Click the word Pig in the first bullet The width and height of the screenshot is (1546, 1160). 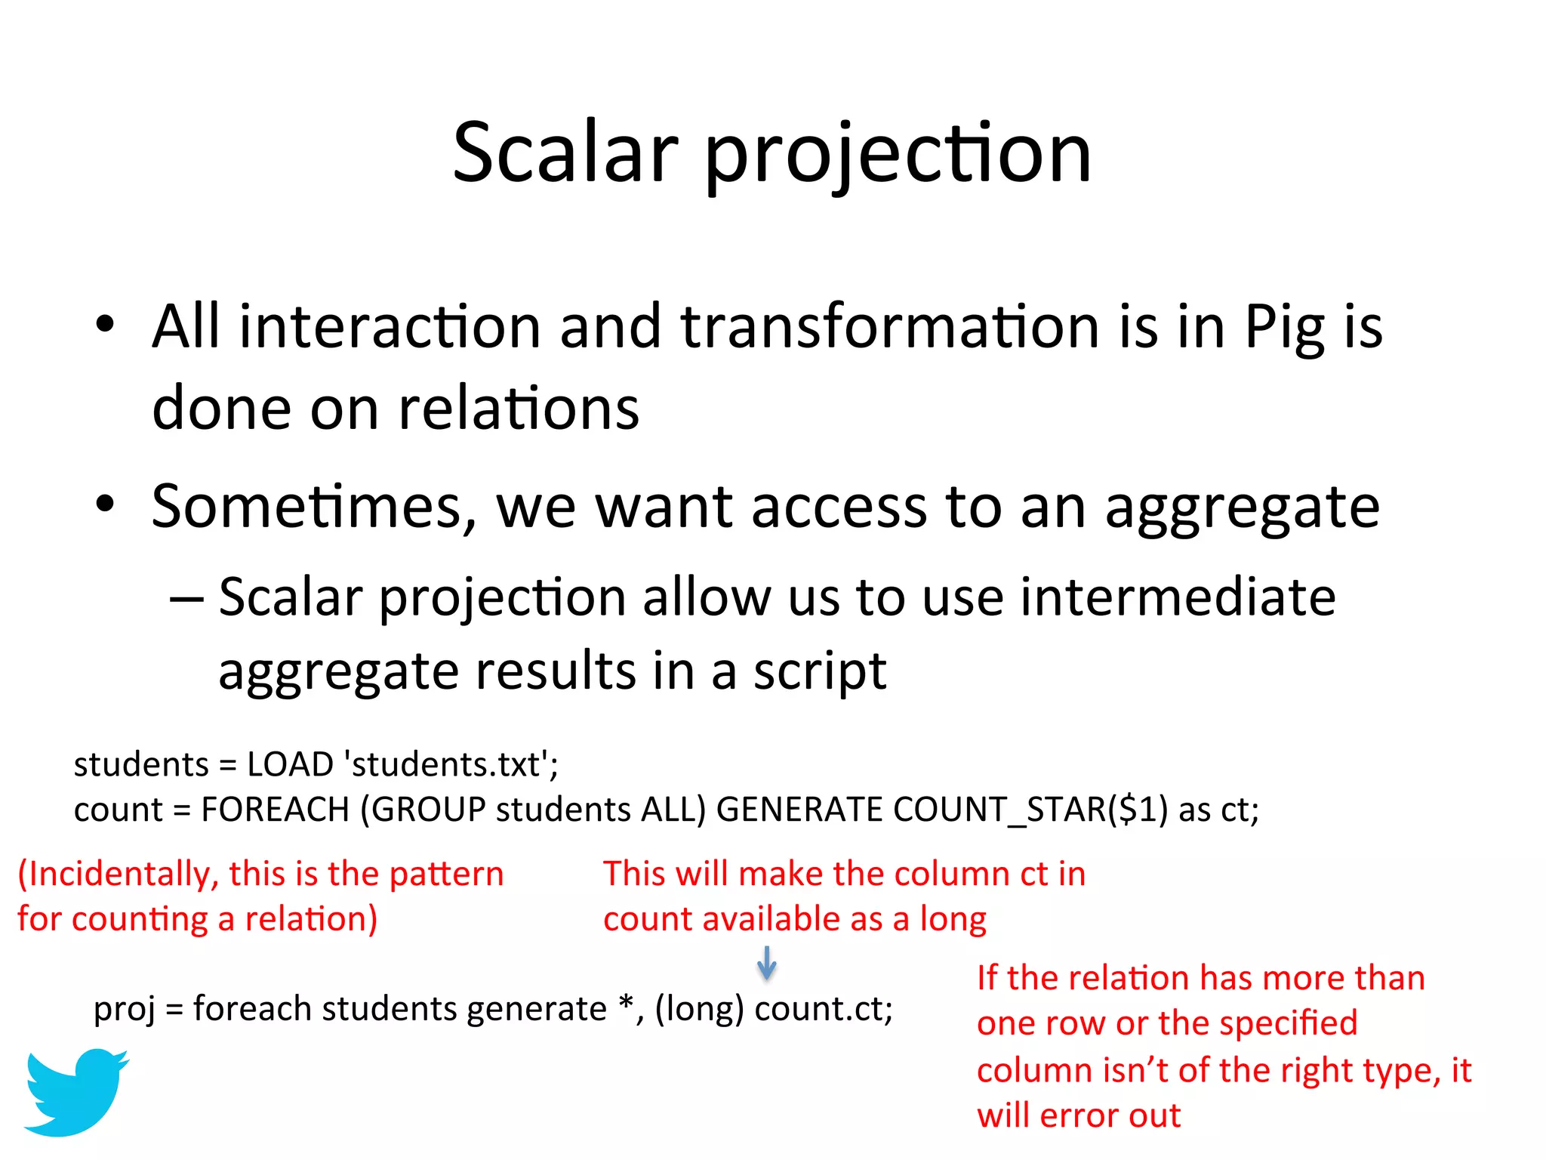[1284, 328]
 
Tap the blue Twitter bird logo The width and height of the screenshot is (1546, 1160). [75, 1091]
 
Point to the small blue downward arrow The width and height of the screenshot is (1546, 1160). [767, 963]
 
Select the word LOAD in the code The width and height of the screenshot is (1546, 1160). [290, 765]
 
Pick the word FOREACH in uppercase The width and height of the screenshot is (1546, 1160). [275, 810]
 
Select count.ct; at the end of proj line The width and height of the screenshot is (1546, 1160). [824, 1009]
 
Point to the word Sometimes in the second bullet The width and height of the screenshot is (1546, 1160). [314, 507]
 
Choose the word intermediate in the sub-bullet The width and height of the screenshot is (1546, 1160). [1178, 597]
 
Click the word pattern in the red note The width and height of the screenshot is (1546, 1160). [446, 875]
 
